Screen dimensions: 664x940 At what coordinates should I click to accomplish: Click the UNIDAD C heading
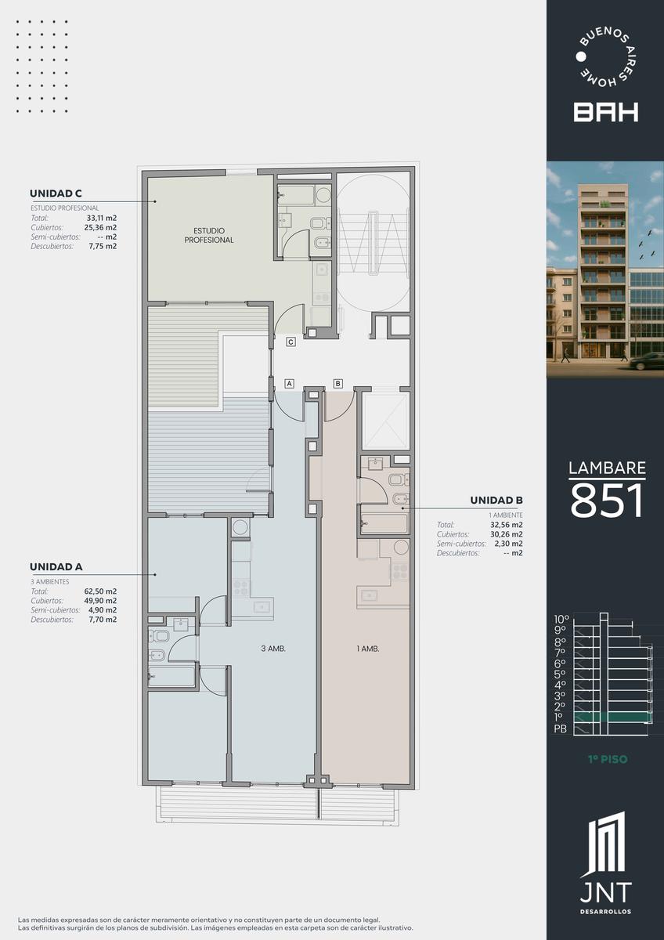pyautogui.click(x=56, y=193)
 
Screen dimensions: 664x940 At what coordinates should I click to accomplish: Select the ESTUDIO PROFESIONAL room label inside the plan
pyautogui.click(x=209, y=236)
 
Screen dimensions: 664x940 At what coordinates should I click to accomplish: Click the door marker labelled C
pyautogui.click(x=290, y=342)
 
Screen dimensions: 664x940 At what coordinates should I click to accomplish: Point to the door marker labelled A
pyautogui.click(x=289, y=383)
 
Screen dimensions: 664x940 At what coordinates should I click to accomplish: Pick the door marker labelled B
pyautogui.click(x=338, y=383)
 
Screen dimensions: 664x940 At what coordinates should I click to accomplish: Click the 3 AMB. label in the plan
pyautogui.click(x=273, y=649)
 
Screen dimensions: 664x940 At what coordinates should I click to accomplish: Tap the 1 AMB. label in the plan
pyautogui.click(x=368, y=649)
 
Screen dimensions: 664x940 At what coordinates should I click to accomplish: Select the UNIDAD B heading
pyautogui.click(x=496, y=501)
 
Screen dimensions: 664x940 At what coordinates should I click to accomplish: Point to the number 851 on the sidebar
pyautogui.click(x=607, y=501)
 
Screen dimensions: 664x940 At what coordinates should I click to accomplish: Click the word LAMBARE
pyautogui.click(x=607, y=468)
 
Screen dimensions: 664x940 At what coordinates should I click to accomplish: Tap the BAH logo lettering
pyautogui.click(x=606, y=112)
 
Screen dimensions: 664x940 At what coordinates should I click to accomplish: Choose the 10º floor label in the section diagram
pyautogui.click(x=561, y=620)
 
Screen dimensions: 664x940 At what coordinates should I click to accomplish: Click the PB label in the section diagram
pyautogui.click(x=561, y=729)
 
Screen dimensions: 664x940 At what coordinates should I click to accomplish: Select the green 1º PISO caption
pyautogui.click(x=608, y=759)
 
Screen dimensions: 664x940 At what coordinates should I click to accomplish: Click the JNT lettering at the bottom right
pyautogui.click(x=606, y=892)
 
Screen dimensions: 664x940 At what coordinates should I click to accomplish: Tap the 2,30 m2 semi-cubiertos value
pyautogui.click(x=508, y=544)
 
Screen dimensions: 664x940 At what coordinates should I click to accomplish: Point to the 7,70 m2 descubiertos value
pyautogui.click(x=103, y=620)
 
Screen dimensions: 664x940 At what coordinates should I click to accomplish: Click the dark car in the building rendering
pyautogui.click(x=647, y=361)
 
